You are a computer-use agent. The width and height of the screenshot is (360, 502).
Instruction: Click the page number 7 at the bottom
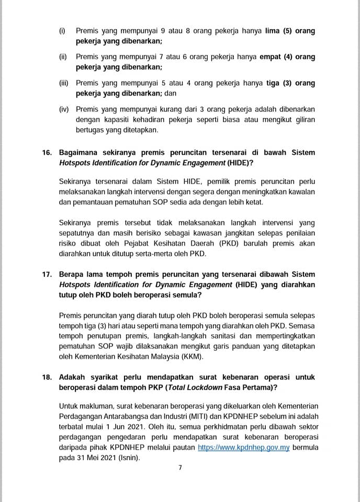coord(180,467)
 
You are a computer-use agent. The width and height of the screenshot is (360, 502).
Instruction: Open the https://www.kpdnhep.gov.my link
coord(244,448)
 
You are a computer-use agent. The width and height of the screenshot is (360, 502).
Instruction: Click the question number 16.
coord(47,153)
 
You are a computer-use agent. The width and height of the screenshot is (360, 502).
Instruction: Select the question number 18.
coord(47,376)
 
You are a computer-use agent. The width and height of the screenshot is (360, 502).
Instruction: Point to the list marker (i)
coord(62,31)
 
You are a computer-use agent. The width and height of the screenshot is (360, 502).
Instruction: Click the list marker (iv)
coord(64,109)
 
